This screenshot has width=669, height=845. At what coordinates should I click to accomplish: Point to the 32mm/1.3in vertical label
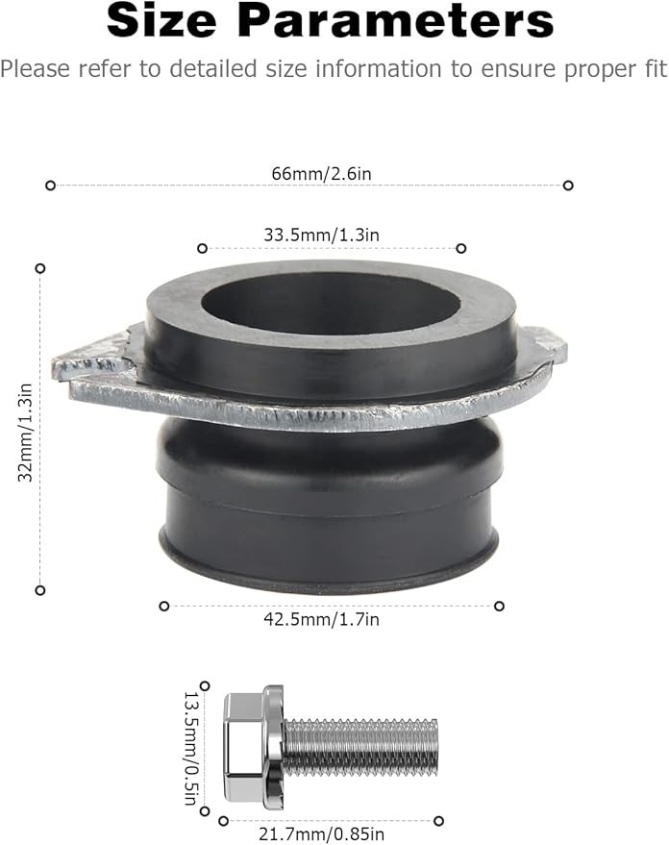[26, 432]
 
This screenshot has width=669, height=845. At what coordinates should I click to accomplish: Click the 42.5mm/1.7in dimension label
[321, 619]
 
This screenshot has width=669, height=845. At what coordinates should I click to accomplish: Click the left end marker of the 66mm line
[51, 186]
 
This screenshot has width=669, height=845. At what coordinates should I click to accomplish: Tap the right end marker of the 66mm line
[568, 186]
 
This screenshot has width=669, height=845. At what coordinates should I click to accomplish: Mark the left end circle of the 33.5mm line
[202, 248]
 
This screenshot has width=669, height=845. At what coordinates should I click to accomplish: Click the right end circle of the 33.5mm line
[461, 248]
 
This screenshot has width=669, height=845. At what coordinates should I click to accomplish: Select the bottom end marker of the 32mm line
[40, 589]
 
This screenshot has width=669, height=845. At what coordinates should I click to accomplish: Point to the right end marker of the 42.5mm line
[499, 606]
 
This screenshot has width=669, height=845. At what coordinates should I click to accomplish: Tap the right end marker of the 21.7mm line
[439, 820]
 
